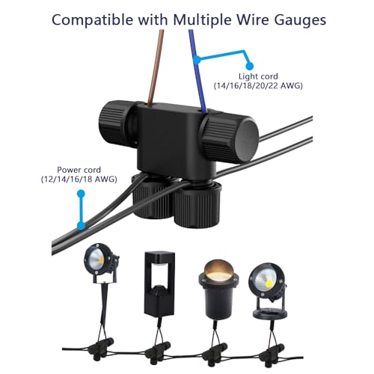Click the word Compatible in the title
[x=93, y=20]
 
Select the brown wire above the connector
[x=155, y=67]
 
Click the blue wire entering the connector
[x=197, y=71]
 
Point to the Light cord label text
[x=258, y=76]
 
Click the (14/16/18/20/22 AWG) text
[x=258, y=86]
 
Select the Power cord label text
[x=79, y=170]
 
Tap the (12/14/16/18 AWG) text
[x=79, y=179]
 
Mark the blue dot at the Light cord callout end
[x=249, y=66]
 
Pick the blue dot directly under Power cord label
[x=81, y=194]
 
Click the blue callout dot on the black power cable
[x=81, y=226]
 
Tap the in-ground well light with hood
[x=218, y=289]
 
